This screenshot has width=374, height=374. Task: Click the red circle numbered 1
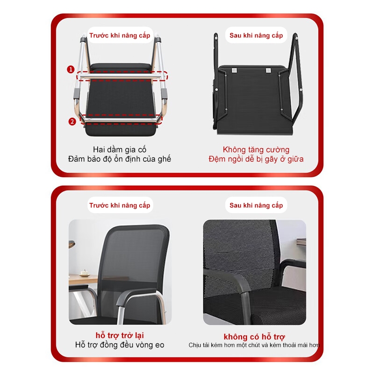[71, 70]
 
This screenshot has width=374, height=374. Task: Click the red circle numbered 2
[72, 122]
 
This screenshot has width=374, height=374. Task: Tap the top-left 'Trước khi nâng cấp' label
[120, 35]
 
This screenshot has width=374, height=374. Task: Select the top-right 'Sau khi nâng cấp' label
[256, 35]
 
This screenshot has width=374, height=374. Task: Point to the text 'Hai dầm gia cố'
[120, 150]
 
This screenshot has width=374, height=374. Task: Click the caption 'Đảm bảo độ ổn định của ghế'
[120, 159]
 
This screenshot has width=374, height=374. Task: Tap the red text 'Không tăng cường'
[256, 150]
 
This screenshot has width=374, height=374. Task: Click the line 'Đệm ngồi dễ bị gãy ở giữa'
[256, 159]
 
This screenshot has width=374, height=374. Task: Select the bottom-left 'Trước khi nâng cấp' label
[120, 205]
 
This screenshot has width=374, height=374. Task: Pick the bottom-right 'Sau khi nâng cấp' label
[256, 205]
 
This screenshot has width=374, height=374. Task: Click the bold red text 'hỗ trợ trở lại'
[120, 335]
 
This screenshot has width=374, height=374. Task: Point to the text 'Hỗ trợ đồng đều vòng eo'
[120, 345]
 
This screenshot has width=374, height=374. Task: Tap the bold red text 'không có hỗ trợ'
[254, 337]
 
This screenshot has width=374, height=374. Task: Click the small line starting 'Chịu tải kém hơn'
[254, 345]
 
